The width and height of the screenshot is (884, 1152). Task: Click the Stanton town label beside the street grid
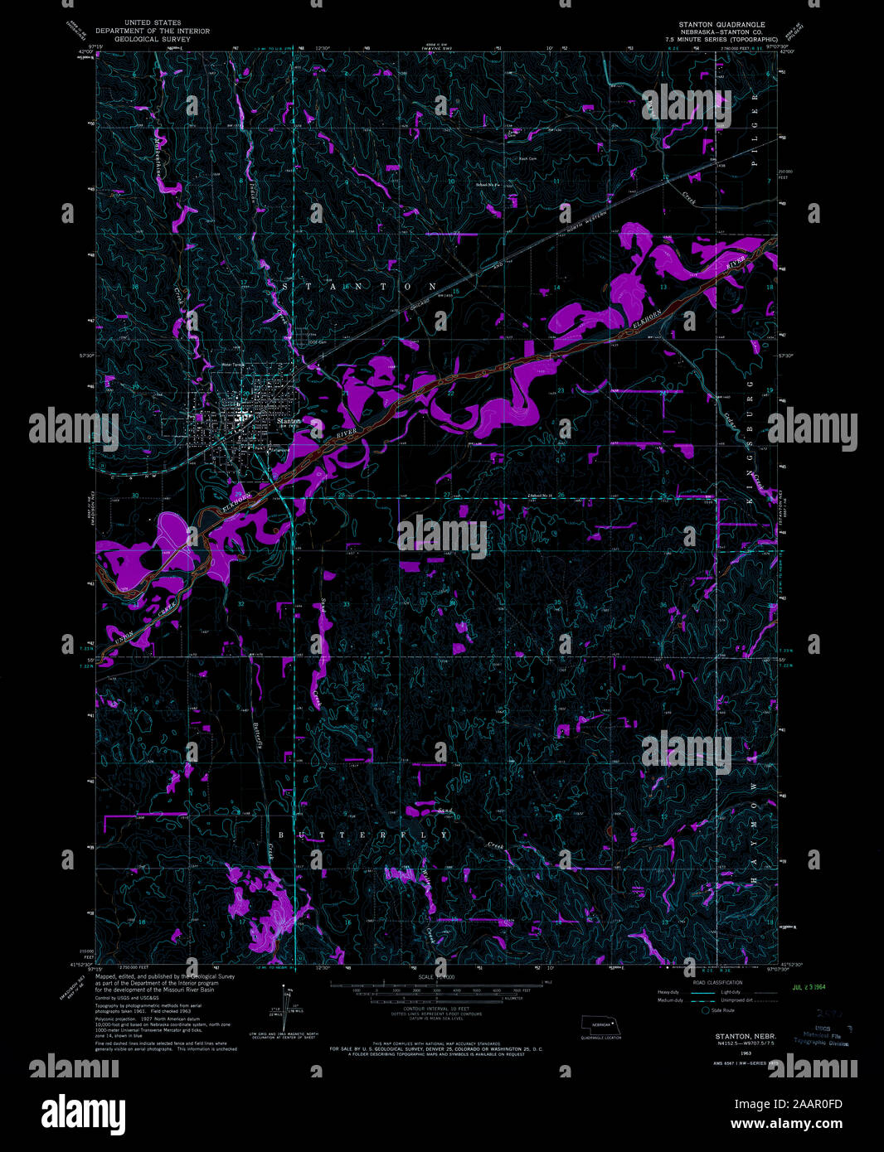click(x=288, y=421)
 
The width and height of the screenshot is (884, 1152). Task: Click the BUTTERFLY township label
click(x=363, y=835)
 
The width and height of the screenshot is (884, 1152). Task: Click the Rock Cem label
click(x=528, y=158)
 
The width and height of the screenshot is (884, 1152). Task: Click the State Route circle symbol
click(x=706, y=1010)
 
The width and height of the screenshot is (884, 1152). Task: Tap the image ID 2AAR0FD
click(x=816, y=1103)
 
